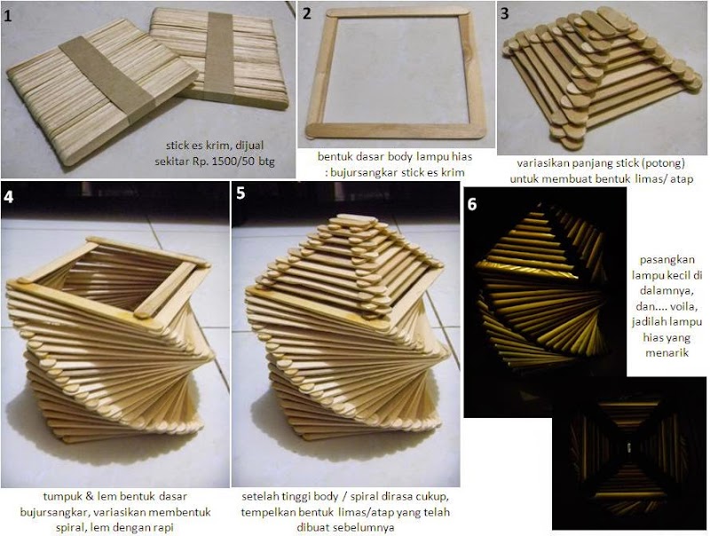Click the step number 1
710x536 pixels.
8,16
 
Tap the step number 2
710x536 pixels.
307,13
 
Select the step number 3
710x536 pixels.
505,13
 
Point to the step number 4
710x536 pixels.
9,197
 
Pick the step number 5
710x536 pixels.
241,193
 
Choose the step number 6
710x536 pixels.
472,204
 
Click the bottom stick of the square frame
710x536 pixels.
396,130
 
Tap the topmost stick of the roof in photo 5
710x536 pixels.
353,220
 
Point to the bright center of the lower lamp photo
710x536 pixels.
628,448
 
